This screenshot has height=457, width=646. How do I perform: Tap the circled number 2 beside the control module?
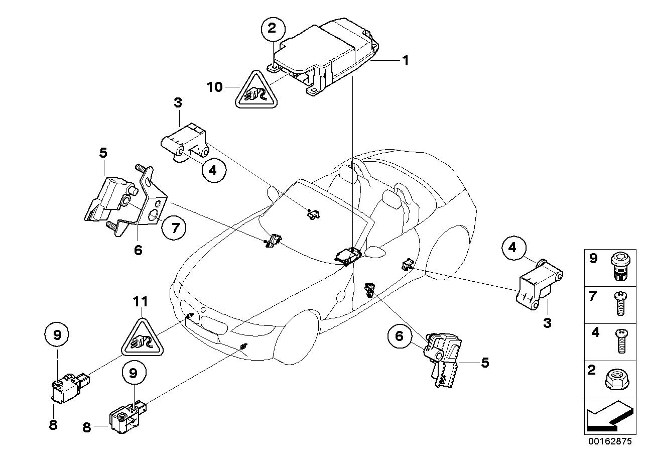(x=272, y=29)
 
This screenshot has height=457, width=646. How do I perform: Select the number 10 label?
(x=214, y=87)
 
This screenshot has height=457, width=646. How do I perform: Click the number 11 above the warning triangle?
(x=141, y=302)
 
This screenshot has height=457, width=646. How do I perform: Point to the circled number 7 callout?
(x=174, y=229)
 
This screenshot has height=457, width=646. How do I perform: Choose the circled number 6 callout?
(x=399, y=336)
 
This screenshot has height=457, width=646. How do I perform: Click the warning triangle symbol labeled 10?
(x=256, y=90)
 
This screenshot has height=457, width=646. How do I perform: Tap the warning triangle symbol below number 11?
(x=142, y=338)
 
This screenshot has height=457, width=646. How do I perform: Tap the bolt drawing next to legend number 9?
(x=619, y=267)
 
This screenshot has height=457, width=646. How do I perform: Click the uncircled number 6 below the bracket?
(x=138, y=250)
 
